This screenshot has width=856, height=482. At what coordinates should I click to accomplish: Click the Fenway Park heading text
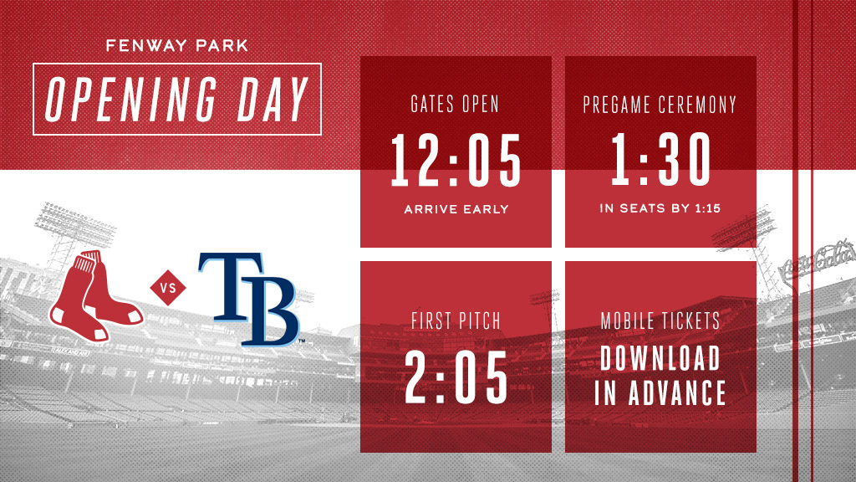(x=177, y=45)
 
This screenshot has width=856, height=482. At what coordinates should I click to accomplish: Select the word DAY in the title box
(x=273, y=100)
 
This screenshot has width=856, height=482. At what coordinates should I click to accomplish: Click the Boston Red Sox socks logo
(x=95, y=297)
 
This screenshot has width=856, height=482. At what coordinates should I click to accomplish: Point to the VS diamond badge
(x=167, y=288)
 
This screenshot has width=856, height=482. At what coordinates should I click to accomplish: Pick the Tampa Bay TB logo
(x=249, y=299)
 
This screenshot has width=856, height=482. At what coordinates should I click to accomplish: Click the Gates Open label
(x=455, y=104)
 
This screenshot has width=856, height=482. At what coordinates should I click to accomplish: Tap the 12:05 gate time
(x=456, y=161)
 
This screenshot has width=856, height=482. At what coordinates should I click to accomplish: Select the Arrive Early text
(x=456, y=209)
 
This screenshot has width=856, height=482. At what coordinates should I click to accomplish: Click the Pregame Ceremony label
(x=660, y=105)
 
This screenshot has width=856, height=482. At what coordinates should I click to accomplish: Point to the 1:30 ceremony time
(x=660, y=160)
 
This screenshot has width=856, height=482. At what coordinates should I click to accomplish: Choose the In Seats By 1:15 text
(x=660, y=208)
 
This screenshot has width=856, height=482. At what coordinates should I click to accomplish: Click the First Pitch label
(x=456, y=320)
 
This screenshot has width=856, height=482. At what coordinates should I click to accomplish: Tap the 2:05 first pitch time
(x=456, y=377)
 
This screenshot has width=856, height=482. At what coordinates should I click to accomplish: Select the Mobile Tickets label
(x=660, y=320)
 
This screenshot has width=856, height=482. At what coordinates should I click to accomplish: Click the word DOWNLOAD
(x=660, y=358)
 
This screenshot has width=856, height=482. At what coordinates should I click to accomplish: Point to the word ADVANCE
(x=677, y=392)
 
